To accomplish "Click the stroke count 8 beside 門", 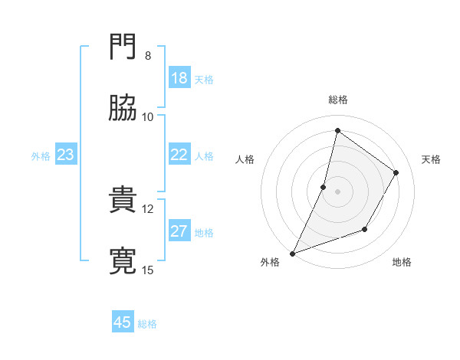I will (148, 56).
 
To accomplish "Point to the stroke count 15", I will (148, 270).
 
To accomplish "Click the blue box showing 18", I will (179, 78).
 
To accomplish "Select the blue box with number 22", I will (179, 155).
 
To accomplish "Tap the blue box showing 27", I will (179, 231).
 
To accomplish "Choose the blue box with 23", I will (66, 155).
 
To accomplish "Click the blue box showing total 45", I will (123, 322).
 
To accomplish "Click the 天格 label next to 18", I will (204, 80).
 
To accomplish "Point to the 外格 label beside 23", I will (41, 156).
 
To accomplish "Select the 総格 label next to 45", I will (147, 324).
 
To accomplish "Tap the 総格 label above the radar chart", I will (338, 100).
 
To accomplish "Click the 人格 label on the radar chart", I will (245, 159).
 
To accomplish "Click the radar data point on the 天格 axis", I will (396, 173).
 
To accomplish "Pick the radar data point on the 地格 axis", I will (366, 229).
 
